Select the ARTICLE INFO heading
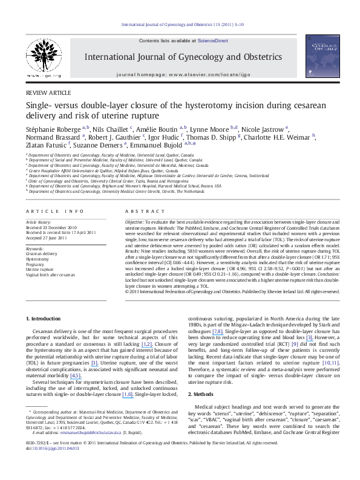click(x=51, y=210)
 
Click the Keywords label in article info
click(x=36, y=248)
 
